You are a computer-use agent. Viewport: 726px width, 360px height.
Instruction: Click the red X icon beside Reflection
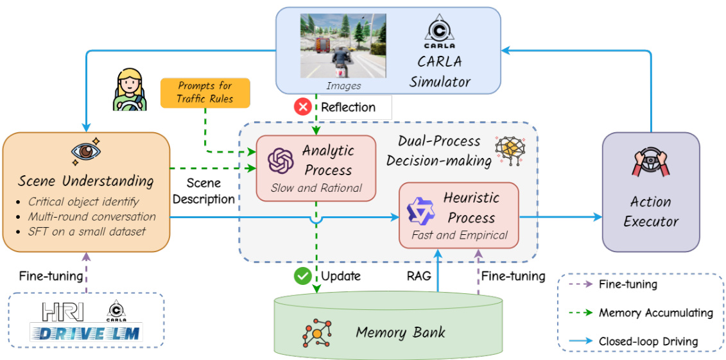click(302, 107)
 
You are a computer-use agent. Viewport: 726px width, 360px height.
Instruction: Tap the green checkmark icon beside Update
click(302, 276)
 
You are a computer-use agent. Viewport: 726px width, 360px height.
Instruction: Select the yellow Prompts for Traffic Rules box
click(205, 92)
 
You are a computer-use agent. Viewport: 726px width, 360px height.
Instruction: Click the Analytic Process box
click(316, 168)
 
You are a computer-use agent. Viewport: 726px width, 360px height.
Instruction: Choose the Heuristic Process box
click(458, 214)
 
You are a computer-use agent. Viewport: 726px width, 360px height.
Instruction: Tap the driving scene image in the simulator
click(343, 46)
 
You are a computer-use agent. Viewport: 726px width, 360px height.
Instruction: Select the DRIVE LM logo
click(87, 332)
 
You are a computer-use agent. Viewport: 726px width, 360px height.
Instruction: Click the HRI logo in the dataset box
click(63, 311)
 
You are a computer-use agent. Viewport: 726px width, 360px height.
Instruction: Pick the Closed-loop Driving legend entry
click(648, 341)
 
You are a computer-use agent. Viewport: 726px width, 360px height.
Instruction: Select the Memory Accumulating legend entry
click(655, 313)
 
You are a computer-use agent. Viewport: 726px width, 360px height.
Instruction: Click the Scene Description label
click(203, 191)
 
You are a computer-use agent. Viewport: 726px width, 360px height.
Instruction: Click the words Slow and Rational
click(316, 188)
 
